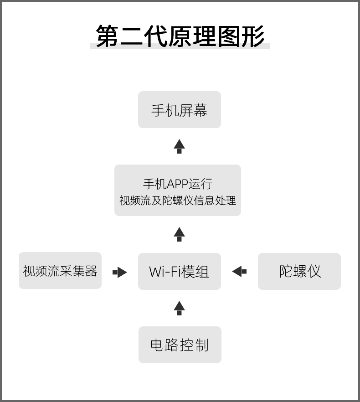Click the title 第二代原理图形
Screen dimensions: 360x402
tap(180, 36)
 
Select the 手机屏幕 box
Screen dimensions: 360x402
tap(180, 109)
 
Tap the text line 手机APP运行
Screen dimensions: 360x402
tap(178, 184)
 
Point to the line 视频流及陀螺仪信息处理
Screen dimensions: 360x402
tap(178, 200)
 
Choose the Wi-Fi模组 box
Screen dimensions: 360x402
tap(180, 271)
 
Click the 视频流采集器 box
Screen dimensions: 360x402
tap(60, 270)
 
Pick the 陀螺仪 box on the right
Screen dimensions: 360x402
tap(299, 271)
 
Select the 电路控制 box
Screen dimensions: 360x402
tap(180, 345)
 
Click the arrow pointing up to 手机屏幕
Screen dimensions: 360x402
tap(179, 146)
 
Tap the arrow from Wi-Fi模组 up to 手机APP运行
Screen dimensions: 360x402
tap(179, 234)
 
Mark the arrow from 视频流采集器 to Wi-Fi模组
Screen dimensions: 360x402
tap(120, 272)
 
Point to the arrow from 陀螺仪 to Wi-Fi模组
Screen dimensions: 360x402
tap(239, 271)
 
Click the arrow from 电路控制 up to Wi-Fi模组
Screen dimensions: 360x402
tap(179, 308)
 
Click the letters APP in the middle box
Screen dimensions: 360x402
tap(177, 184)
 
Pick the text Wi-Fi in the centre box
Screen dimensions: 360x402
tap(165, 272)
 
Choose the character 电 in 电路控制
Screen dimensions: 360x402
tap(157, 345)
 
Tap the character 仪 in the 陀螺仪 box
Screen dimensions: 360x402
tap(314, 271)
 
